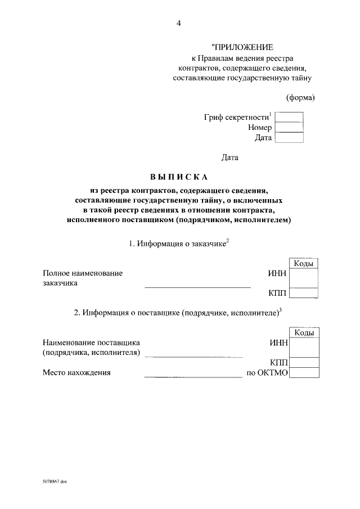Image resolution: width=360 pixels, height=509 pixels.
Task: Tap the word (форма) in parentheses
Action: tap(300, 97)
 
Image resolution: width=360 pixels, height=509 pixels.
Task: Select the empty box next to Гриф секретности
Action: tap(289, 117)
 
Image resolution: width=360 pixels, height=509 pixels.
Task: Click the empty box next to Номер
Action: tap(289, 127)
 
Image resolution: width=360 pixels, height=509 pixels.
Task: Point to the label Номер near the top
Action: tap(260, 128)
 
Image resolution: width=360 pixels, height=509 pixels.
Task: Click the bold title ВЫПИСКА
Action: tap(179, 177)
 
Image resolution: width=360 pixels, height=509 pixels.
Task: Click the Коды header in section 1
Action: tap(304, 263)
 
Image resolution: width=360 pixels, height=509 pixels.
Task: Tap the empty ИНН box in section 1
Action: tap(304, 278)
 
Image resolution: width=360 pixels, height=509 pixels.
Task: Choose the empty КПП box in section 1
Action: tap(304, 292)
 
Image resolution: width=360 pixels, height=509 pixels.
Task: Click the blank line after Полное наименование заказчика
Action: tap(197, 286)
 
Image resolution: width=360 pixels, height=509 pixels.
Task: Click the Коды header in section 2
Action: tap(304, 333)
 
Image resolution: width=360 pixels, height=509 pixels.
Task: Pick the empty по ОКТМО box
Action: tap(304, 372)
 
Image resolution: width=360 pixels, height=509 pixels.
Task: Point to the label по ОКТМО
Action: tap(268, 372)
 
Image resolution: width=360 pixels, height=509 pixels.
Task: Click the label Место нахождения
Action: tap(76, 372)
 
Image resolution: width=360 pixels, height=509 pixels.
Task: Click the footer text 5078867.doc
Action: tap(54, 482)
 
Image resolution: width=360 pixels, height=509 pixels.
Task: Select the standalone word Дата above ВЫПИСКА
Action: tap(229, 157)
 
